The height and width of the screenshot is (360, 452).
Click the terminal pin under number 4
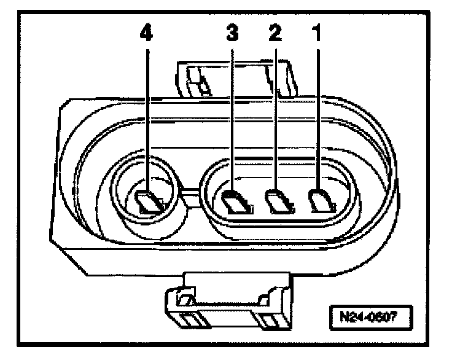pos(149,202)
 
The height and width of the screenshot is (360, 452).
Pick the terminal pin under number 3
pos(235,202)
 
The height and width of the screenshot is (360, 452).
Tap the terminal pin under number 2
pos(277,201)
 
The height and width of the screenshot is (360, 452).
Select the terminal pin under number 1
pos(320,200)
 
